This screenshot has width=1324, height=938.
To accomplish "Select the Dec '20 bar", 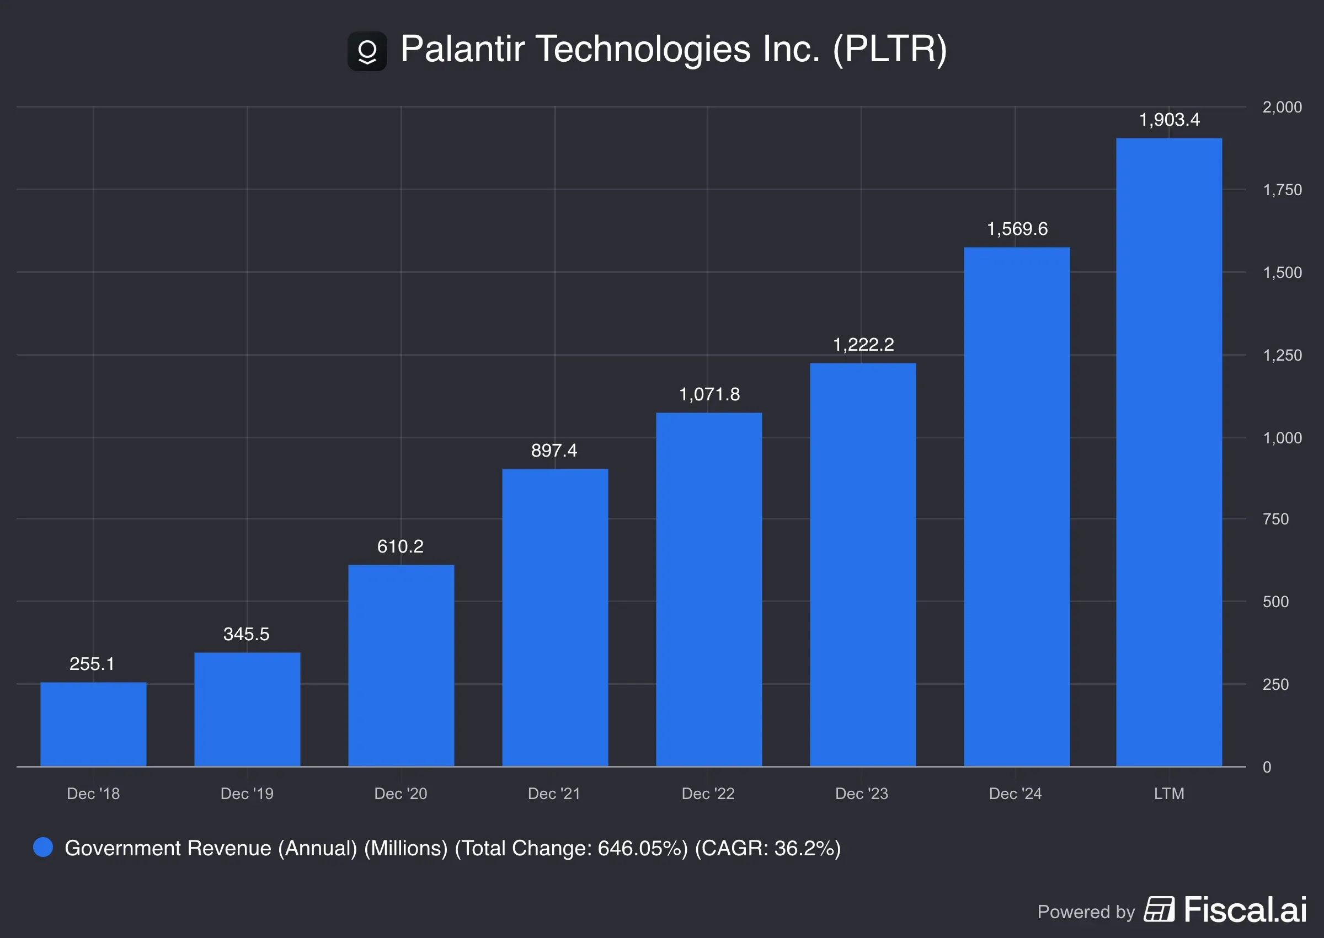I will tap(401, 666).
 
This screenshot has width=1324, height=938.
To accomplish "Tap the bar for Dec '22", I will tap(709, 589).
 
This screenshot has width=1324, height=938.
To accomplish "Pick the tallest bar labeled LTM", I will tap(1168, 452).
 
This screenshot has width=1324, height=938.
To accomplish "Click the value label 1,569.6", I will tap(1017, 229).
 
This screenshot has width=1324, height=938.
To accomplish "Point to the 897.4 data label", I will tap(554, 450).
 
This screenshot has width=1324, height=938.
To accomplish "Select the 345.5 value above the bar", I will tap(246, 634).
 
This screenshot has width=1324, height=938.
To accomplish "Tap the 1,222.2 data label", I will tap(863, 344).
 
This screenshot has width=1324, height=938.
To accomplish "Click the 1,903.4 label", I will tap(1168, 120).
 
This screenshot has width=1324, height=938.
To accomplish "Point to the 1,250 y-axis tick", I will tap(1282, 355).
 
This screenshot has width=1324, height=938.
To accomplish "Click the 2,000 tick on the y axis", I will tap(1282, 107).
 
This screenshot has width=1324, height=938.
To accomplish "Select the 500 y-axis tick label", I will tap(1275, 602).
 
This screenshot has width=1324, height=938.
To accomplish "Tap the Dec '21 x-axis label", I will tap(554, 794).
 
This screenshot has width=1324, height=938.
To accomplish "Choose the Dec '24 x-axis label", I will tap(1015, 794).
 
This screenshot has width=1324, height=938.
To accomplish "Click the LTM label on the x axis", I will tap(1168, 794).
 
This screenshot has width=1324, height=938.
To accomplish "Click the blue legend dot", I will tap(42, 848).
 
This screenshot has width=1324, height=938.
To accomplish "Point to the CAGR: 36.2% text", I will tap(768, 848).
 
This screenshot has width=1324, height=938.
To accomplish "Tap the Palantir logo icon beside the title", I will tap(367, 51).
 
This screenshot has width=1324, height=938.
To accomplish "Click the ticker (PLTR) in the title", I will tap(890, 49).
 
